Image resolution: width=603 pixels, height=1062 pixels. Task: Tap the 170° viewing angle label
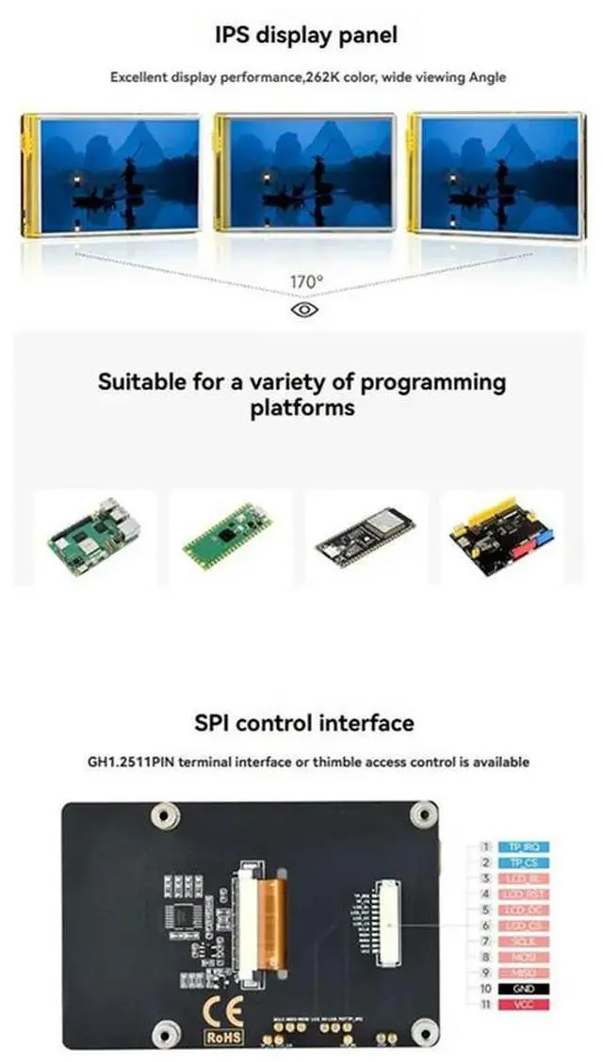(x=305, y=282)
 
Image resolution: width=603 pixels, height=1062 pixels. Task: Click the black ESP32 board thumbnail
(x=359, y=537)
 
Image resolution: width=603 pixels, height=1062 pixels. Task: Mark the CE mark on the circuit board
(x=223, y=1014)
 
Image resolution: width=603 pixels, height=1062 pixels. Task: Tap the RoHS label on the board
(x=223, y=1037)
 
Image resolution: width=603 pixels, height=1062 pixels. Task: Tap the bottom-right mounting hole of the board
(x=424, y=1034)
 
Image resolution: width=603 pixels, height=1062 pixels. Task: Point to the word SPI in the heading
(x=212, y=723)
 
